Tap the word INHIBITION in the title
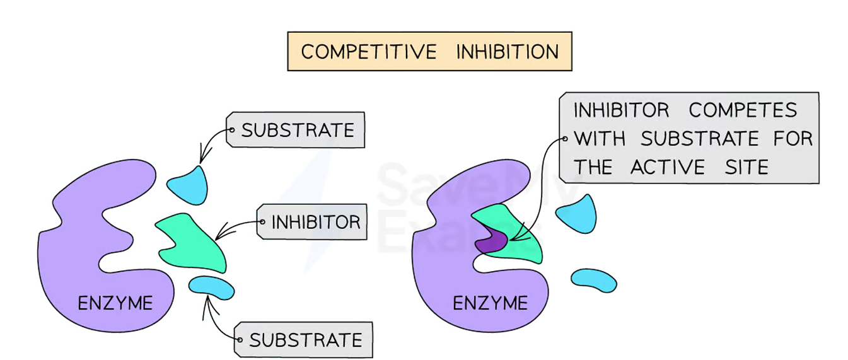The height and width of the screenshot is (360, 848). [x=508, y=51]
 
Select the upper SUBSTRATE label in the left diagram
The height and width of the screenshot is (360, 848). [x=298, y=131]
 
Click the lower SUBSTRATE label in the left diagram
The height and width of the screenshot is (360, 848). [x=306, y=340]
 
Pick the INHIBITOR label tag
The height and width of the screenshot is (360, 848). [x=315, y=221]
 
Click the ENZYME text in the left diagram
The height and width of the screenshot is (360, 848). [x=115, y=303]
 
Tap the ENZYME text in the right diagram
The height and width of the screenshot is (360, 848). [x=490, y=303]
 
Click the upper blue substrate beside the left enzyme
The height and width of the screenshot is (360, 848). [x=189, y=185]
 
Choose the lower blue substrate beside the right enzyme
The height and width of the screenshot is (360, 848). [x=593, y=281]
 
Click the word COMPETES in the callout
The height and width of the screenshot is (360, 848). [x=743, y=110]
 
